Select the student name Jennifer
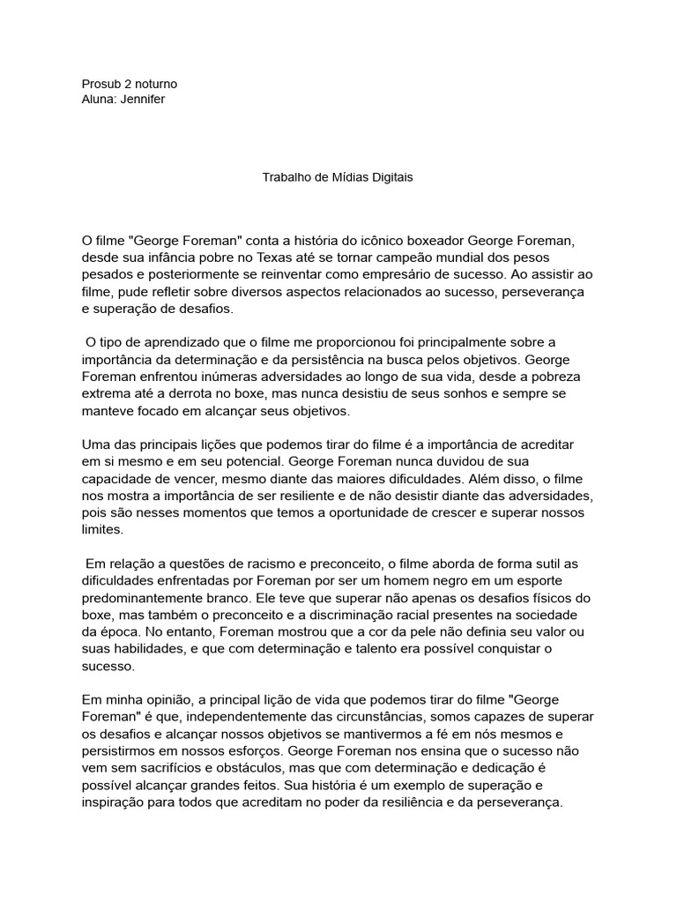pos(142,99)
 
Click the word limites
pos(103,529)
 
